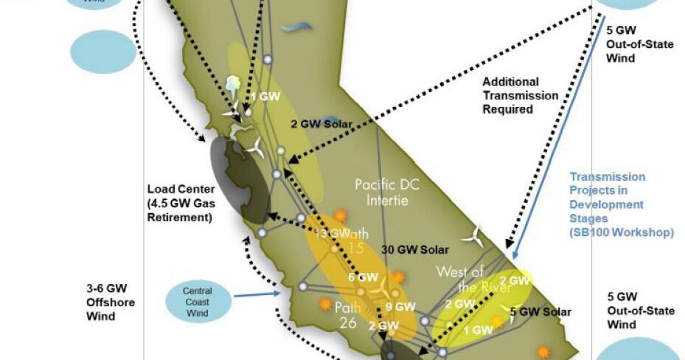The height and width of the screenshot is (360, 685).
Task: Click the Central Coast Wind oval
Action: [x=198, y=302]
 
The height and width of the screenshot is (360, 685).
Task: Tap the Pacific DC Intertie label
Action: [x=386, y=191]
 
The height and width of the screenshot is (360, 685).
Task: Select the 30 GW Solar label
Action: [x=415, y=249]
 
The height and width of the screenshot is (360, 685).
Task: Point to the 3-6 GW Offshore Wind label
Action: [x=111, y=302]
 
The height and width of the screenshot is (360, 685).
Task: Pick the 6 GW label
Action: [x=362, y=277]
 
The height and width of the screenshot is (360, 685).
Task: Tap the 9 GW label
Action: [x=400, y=306]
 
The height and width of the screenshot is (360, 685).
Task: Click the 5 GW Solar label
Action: [x=541, y=312]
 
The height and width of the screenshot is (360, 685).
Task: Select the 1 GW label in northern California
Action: [x=264, y=97]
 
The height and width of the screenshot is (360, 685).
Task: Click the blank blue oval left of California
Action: [x=103, y=51]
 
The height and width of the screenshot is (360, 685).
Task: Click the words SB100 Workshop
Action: [x=622, y=232]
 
